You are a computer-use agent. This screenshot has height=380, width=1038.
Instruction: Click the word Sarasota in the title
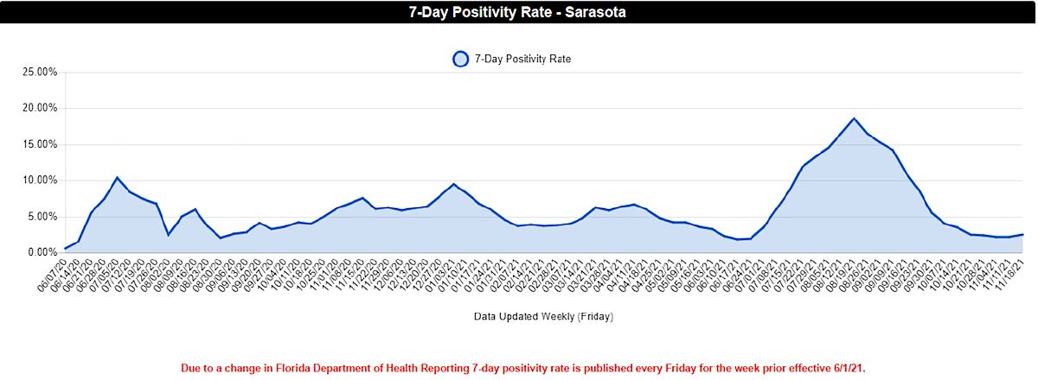[x=592, y=12]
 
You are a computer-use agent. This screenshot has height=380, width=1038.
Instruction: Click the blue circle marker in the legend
[x=460, y=59]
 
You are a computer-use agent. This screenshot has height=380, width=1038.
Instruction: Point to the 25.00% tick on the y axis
[x=40, y=72]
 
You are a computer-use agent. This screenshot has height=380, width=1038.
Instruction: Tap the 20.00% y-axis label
[x=40, y=108]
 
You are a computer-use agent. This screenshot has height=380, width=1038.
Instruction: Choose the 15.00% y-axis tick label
[x=40, y=144]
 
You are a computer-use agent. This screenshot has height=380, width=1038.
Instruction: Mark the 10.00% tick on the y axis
[x=40, y=180]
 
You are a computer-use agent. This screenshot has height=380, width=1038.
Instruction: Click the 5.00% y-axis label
[x=42, y=217]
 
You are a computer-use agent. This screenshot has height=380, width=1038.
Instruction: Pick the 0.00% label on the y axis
[x=42, y=252]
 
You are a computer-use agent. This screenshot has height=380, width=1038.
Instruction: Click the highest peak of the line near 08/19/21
[x=854, y=118]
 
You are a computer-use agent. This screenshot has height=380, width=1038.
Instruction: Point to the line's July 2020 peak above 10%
[x=117, y=177]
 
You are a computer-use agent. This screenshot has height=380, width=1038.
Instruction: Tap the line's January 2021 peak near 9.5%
[x=453, y=184]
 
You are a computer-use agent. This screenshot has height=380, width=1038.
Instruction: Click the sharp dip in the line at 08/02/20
[x=169, y=235]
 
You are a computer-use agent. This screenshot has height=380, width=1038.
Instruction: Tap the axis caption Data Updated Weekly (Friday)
[x=543, y=317]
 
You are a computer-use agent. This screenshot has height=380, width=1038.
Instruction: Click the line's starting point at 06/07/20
[x=66, y=249]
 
